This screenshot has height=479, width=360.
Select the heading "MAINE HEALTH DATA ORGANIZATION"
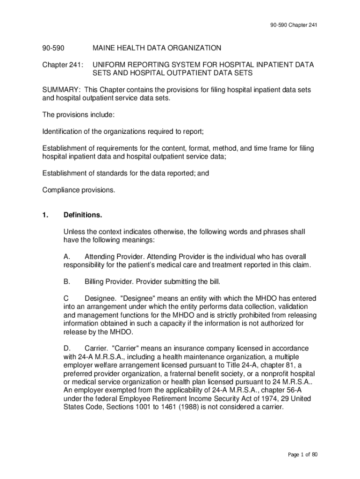coord(157,48)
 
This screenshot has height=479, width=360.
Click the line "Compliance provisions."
coord(79,190)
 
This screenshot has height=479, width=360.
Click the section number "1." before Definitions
coord(45,215)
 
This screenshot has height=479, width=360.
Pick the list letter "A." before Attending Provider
coord(67,257)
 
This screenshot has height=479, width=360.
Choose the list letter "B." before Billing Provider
coord(67,282)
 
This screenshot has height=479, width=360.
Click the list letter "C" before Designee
coord(66,298)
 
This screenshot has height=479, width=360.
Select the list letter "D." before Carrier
coord(67,348)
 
